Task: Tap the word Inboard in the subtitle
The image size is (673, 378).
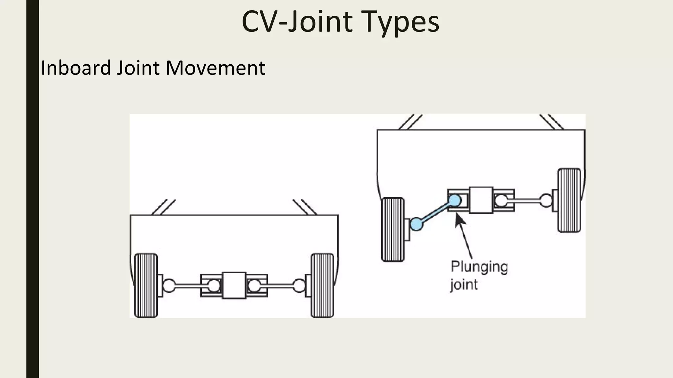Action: pos(76,68)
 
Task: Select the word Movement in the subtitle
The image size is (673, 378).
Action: pos(215,68)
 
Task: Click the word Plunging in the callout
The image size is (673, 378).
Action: pos(479,267)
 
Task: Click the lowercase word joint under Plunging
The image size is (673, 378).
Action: pos(464,284)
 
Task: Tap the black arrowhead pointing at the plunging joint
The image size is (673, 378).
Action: pos(460,220)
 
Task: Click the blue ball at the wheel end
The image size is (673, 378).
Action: pos(416,224)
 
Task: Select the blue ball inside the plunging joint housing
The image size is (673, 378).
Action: pos(455,200)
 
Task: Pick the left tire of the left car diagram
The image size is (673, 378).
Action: pos(146,285)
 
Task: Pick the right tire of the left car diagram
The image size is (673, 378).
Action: pos(322,285)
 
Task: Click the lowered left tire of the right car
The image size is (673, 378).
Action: pos(393,229)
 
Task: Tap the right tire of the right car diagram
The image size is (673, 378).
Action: pos(569,200)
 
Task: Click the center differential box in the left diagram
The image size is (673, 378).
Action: pos(234,285)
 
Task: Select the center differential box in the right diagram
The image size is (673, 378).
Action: pos(481,200)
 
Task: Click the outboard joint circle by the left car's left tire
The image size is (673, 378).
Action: pos(169,285)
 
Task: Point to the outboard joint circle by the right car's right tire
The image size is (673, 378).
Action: pos(546,200)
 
